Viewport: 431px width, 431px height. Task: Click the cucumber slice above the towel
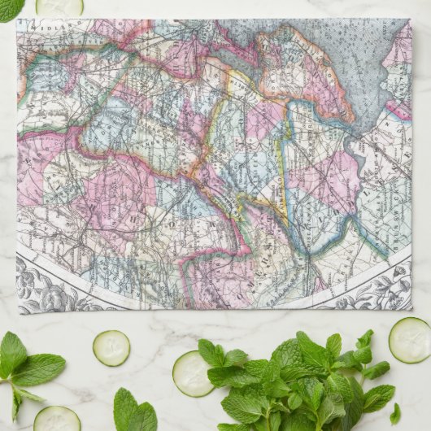59,7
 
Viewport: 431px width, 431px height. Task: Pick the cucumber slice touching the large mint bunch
192,373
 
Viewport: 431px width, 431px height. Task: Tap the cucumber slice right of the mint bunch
409,339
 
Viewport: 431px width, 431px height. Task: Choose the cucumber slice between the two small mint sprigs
111,347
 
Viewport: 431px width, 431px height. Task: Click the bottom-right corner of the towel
412,310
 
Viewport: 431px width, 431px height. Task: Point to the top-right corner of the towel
411,19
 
